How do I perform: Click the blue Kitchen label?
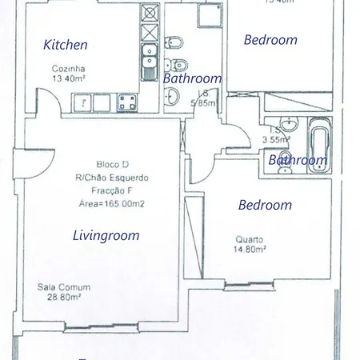(66, 45)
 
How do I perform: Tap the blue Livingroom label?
(106, 235)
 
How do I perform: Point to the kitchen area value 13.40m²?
(69, 78)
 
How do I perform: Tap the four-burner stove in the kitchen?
(126, 102)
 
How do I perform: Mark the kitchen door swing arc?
(46, 100)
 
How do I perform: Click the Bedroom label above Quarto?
(265, 205)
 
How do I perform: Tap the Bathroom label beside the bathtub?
(298, 160)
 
